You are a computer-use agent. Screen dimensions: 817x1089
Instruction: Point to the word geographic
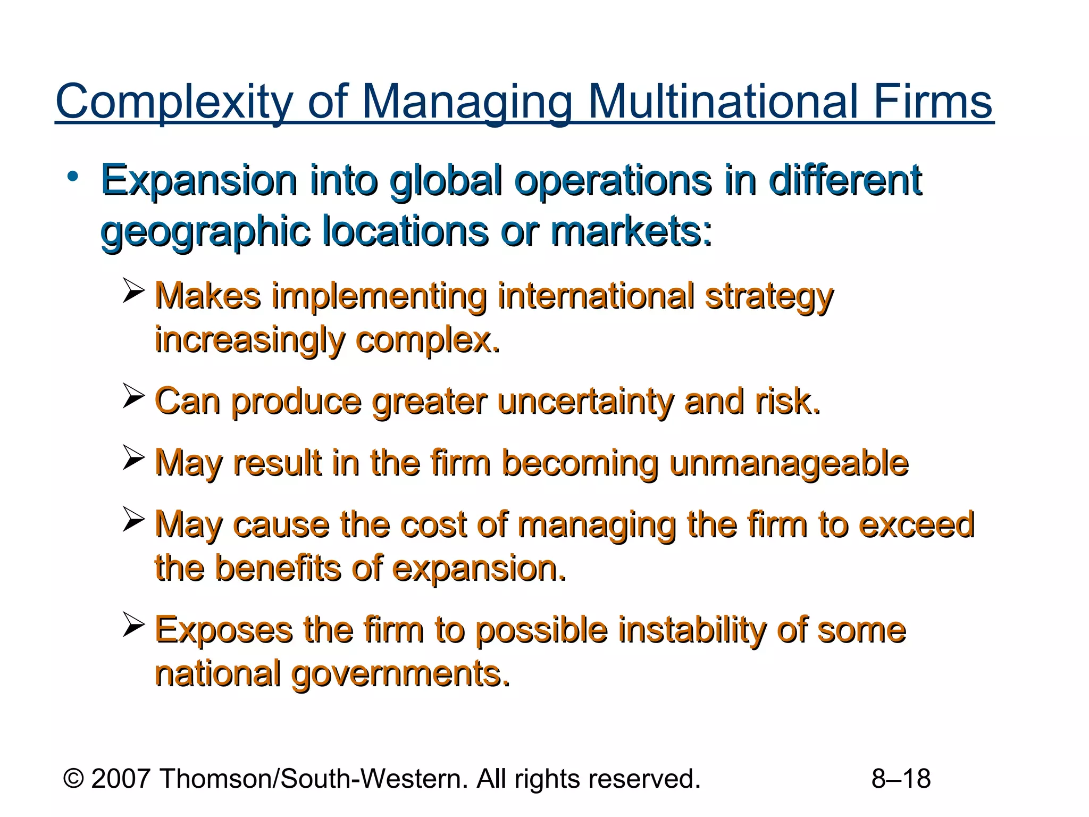click(205, 232)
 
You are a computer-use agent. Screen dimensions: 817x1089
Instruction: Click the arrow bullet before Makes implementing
click(133, 290)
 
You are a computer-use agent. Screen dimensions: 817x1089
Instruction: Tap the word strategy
click(769, 297)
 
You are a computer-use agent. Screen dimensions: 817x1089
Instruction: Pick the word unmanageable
click(789, 463)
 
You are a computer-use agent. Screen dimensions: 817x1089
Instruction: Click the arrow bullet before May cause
click(133, 519)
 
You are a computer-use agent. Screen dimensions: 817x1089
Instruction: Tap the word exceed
click(917, 524)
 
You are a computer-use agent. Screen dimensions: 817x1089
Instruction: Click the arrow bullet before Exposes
click(133, 624)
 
